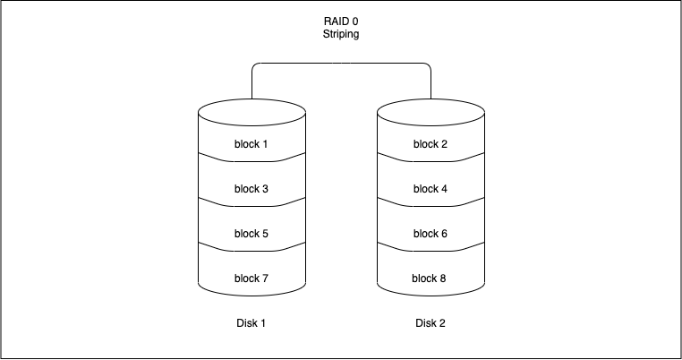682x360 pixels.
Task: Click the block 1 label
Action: pos(251,144)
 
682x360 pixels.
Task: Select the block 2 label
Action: pos(431,144)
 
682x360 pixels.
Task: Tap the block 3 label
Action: pos(251,189)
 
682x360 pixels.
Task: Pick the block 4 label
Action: pos(431,189)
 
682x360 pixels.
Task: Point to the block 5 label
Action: pos(251,234)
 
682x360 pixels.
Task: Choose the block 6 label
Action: pos(431,234)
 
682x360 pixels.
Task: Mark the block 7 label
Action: pos(251,279)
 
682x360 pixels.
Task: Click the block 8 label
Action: pos(431,279)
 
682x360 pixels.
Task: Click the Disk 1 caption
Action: pos(251,323)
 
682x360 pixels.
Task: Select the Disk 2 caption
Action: pos(431,323)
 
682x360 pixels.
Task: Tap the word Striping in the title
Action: pos(341,34)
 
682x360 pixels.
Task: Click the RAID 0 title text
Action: pos(341,21)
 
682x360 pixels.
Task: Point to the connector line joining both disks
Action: pos(341,64)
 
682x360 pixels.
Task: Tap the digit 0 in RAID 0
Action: pos(356,21)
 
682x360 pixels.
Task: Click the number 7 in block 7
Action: pos(266,279)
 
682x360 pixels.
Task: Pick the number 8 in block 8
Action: pos(445,279)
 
